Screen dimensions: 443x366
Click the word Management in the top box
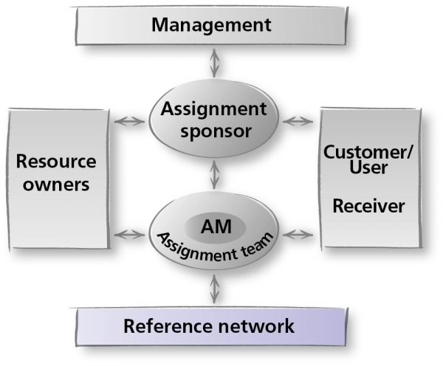point(211,26)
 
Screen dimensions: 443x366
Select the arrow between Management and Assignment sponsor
point(214,63)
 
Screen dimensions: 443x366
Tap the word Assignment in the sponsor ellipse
point(213,110)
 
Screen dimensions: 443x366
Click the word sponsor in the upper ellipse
point(216,131)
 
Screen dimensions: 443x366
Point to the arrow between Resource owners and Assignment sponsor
point(129,122)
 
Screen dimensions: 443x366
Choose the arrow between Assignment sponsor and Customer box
point(298,122)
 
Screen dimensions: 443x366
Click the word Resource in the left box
point(56,162)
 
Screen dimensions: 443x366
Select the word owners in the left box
point(56,185)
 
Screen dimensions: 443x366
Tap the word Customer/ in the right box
point(368,152)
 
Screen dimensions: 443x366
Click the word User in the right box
point(368,168)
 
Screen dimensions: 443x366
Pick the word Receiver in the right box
point(368,206)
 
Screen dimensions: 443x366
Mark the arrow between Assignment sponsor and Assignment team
point(214,175)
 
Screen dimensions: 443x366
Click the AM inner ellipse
point(216,227)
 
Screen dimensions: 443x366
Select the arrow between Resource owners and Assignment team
point(129,235)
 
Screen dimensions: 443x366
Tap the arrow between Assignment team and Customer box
point(298,235)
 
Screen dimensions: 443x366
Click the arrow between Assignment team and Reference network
point(214,289)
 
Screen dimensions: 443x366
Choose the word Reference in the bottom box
point(168,326)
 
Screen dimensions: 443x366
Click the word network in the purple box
point(256,326)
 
